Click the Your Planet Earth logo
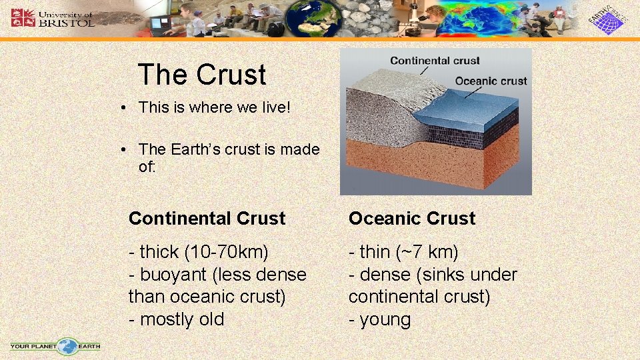coord(55,346)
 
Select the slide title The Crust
coord(201,75)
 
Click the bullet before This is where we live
coord(125,108)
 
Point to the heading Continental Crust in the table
coord(207,219)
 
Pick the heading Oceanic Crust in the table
coord(412,219)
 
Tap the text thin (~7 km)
coord(403,252)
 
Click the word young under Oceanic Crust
coord(385,320)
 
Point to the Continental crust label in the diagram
coord(435,61)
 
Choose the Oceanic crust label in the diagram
coord(491,81)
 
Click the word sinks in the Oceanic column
coord(442,275)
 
